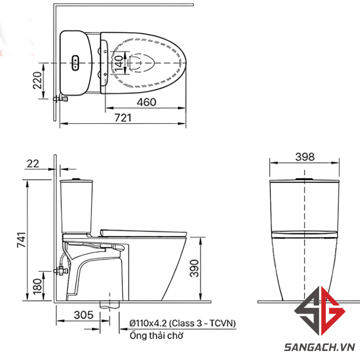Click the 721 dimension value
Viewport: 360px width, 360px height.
pos(123,118)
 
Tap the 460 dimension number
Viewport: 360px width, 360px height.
pos(146,102)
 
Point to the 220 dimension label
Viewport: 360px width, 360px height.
pos(37,80)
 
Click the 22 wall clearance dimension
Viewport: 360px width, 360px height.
pos(33,164)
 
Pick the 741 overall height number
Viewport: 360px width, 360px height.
pos(22,240)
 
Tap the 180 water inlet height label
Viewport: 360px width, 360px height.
pos(37,286)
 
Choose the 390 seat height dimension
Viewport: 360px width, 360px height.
pos(194,268)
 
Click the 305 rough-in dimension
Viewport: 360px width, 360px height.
pos(83,315)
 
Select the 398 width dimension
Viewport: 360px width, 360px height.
pos(305,157)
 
